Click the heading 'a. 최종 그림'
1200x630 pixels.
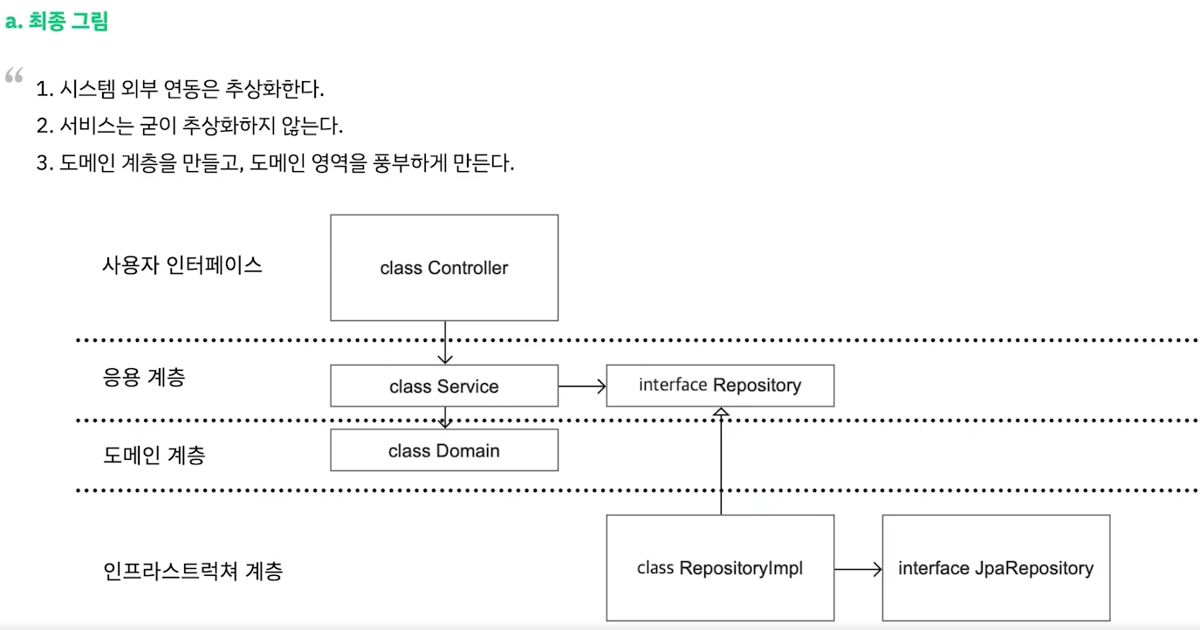(x=57, y=22)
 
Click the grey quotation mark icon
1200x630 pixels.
(x=14, y=76)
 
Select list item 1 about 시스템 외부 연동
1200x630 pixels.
(x=180, y=89)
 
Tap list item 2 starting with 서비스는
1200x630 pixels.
(x=189, y=126)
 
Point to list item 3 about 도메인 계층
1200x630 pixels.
(x=275, y=163)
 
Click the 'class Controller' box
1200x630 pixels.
(x=443, y=268)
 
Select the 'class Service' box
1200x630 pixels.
(x=443, y=387)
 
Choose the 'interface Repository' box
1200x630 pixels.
(x=719, y=386)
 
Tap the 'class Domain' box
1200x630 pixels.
(x=443, y=450)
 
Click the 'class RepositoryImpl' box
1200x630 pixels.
(x=719, y=568)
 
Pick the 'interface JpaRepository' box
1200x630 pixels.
(x=995, y=568)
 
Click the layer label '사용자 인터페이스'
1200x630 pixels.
(x=182, y=265)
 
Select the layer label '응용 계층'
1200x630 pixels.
(x=144, y=378)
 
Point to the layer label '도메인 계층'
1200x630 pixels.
(x=154, y=455)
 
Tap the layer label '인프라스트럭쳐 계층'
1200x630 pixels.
(x=192, y=572)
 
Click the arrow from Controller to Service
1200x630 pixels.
(x=444, y=343)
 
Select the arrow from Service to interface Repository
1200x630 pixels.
(x=581, y=386)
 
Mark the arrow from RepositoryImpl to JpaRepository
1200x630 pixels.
(x=857, y=569)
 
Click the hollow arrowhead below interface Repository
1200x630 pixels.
(x=720, y=414)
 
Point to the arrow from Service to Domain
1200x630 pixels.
(x=444, y=418)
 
